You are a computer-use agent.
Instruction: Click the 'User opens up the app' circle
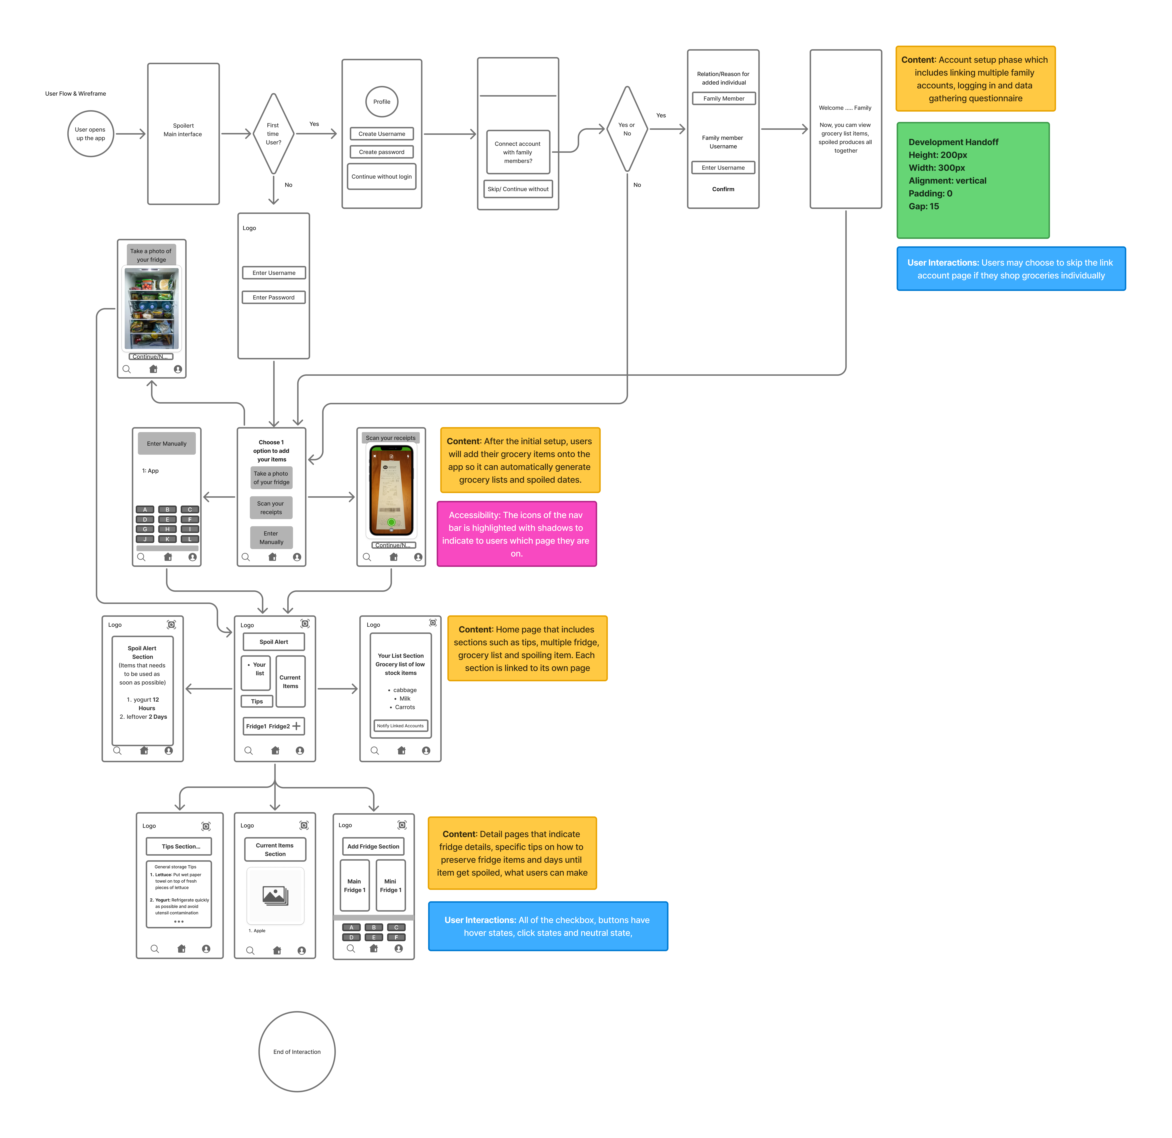pyautogui.click(x=90, y=134)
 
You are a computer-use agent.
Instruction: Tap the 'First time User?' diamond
pyautogui.click(x=273, y=134)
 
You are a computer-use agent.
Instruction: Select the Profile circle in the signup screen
pyautogui.click(x=382, y=102)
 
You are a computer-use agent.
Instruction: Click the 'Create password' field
pyautogui.click(x=382, y=152)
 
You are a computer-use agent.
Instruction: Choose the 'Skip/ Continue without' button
pyautogui.click(x=518, y=189)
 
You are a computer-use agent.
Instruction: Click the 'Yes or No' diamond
pyautogui.click(x=627, y=129)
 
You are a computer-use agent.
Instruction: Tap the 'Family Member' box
pyautogui.click(x=723, y=99)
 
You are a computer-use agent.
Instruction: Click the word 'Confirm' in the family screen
pyautogui.click(x=723, y=189)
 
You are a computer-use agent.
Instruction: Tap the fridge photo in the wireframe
pyautogui.click(x=151, y=309)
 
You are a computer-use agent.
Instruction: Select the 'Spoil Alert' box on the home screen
pyautogui.click(x=274, y=642)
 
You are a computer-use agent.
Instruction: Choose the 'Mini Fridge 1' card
pyautogui.click(x=390, y=886)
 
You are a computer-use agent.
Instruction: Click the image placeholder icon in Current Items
pyautogui.click(x=275, y=895)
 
